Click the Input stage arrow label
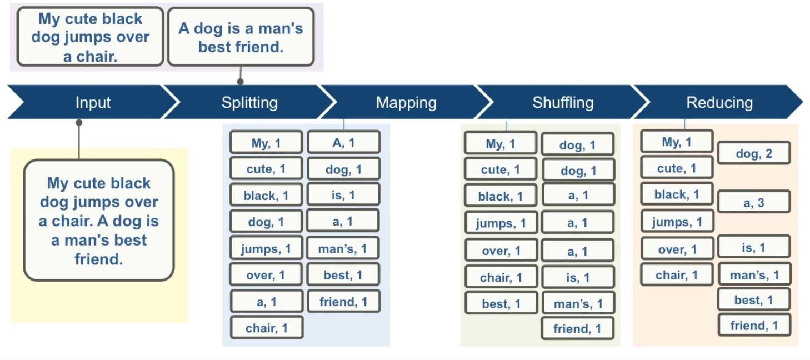click(93, 103)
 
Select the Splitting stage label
click(249, 103)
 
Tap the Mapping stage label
click(406, 103)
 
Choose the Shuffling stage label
click(563, 103)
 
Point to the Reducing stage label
click(719, 103)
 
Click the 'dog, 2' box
click(753, 153)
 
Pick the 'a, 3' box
click(753, 203)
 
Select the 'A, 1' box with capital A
click(343, 143)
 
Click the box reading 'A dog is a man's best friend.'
click(241, 37)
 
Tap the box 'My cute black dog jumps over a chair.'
click(91, 37)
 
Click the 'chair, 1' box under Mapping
click(267, 328)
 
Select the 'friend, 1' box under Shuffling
click(577, 329)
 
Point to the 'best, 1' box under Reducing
click(753, 300)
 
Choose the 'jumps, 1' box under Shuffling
click(501, 223)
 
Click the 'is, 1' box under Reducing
click(753, 248)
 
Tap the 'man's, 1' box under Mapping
click(343, 249)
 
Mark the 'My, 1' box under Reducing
click(677, 142)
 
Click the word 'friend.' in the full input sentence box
click(98, 259)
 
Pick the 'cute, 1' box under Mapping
click(266, 169)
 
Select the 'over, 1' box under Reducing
click(677, 249)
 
